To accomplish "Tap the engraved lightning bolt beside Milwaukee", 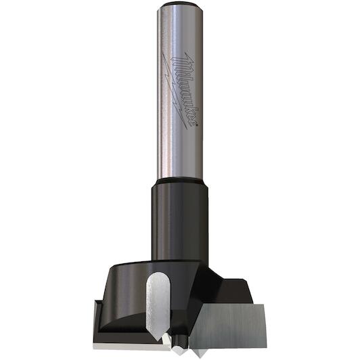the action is tap(175, 91).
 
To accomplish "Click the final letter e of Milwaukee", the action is tap(191, 120).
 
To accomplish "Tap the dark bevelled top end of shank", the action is tap(180, 4).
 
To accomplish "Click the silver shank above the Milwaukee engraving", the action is tap(180, 30).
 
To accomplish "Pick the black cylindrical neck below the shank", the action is tap(180, 221).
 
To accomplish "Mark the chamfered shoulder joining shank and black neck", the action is tap(180, 181).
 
